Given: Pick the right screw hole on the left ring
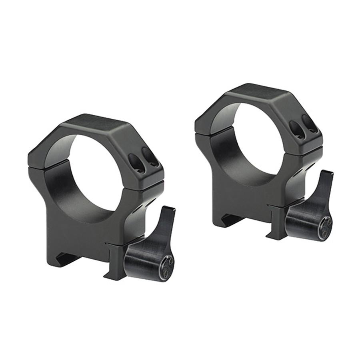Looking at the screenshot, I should [150, 157].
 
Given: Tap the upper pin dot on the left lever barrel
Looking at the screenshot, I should [171, 260].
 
